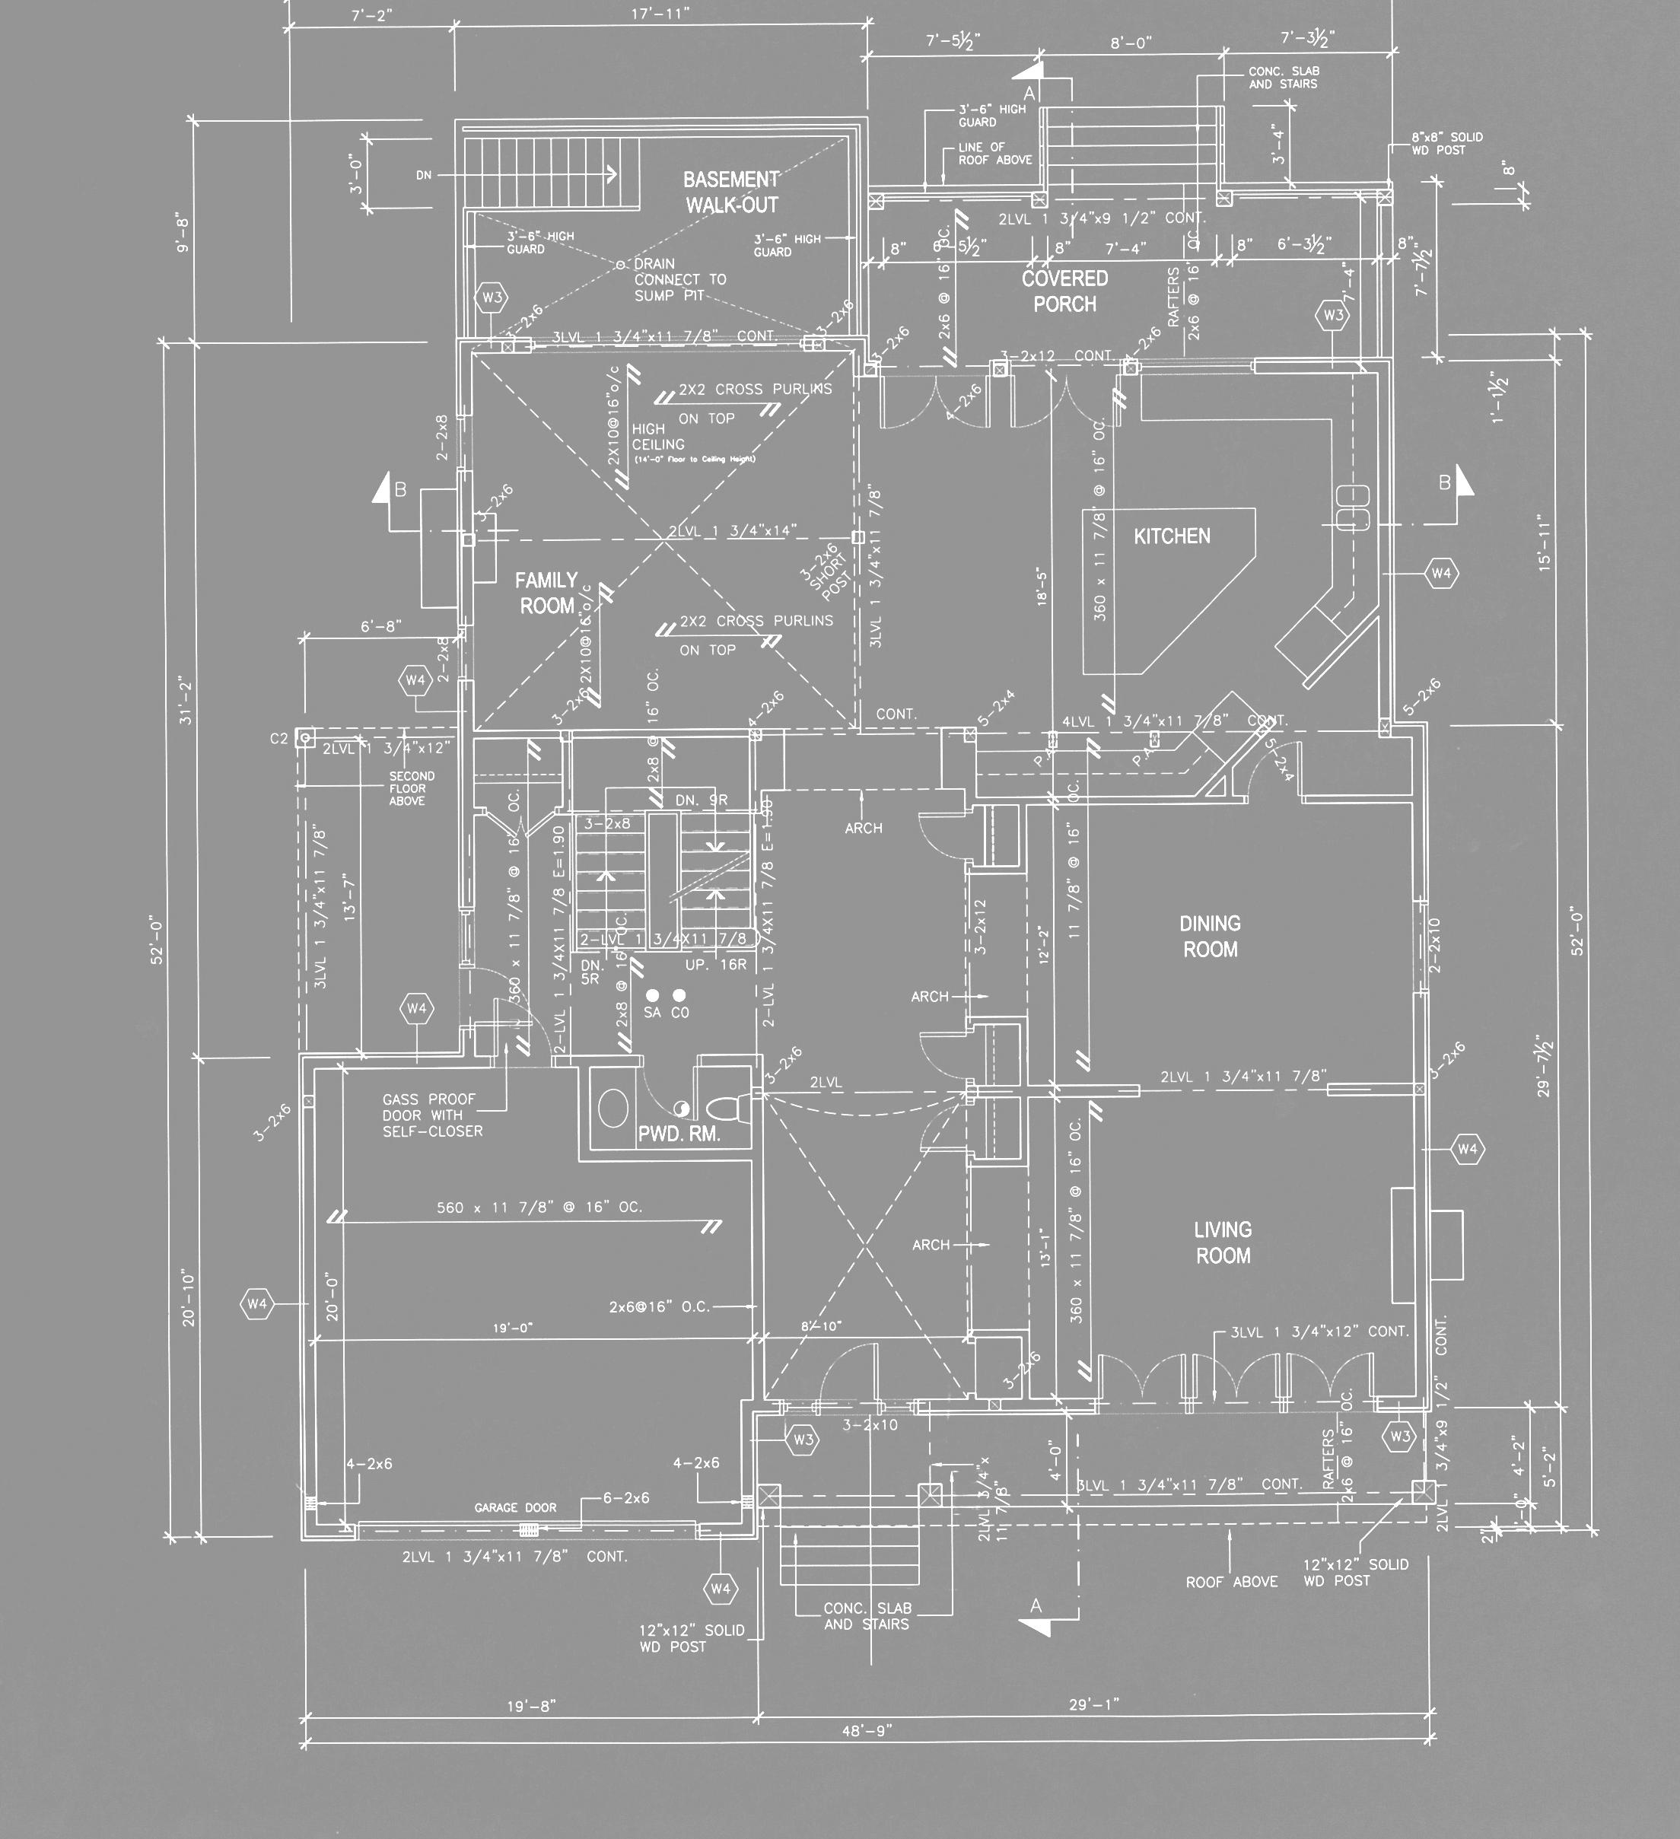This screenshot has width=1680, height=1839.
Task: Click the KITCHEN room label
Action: [x=1172, y=536]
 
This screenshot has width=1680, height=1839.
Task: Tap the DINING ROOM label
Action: [x=1211, y=936]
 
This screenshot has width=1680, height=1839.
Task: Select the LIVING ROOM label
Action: [x=1223, y=1242]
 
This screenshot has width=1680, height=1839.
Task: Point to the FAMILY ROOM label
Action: [x=546, y=593]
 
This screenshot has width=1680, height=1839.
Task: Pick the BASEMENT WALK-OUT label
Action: [x=731, y=192]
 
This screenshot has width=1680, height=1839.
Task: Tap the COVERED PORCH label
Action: [x=1064, y=291]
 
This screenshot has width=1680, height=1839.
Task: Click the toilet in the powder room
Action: [x=726, y=1109]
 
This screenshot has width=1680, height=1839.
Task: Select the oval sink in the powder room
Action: [x=613, y=1109]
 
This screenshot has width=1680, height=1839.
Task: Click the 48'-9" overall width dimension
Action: [x=867, y=1730]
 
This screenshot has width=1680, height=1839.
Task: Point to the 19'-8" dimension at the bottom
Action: [x=531, y=1706]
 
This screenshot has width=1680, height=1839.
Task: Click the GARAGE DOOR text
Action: [x=515, y=1508]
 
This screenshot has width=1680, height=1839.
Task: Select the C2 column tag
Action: [x=279, y=739]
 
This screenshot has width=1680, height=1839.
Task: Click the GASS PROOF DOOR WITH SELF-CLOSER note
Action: [x=432, y=1115]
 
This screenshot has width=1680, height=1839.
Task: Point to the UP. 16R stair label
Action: [x=716, y=964]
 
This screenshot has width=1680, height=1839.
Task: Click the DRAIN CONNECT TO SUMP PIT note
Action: [x=679, y=280]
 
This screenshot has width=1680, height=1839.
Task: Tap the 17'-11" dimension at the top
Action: [x=660, y=14]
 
